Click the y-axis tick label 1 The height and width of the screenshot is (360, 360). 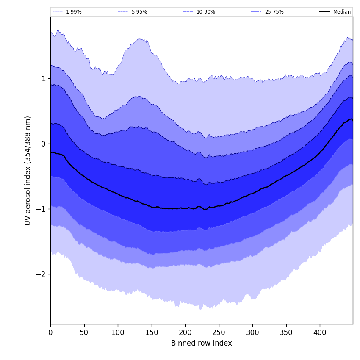[43, 79]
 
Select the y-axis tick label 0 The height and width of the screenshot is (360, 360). [43, 144]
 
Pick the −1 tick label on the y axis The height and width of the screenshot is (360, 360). [41, 209]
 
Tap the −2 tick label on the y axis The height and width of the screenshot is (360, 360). [41, 274]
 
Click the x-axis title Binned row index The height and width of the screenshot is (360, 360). [202, 343]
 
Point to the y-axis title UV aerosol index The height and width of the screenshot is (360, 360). [28, 170]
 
